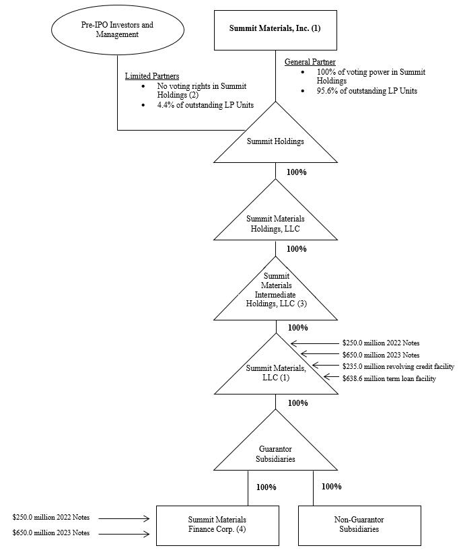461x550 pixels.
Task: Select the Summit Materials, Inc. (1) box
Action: pos(275,30)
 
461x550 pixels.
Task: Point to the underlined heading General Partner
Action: pos(310,62)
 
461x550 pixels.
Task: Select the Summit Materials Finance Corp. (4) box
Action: pos(217,524)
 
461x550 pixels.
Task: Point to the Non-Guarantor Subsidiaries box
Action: pos(359,524)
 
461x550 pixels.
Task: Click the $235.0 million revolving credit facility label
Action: pos(398,367)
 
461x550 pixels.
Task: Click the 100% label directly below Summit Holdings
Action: pos(296,172)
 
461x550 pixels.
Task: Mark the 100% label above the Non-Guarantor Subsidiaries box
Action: pos(331,486)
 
